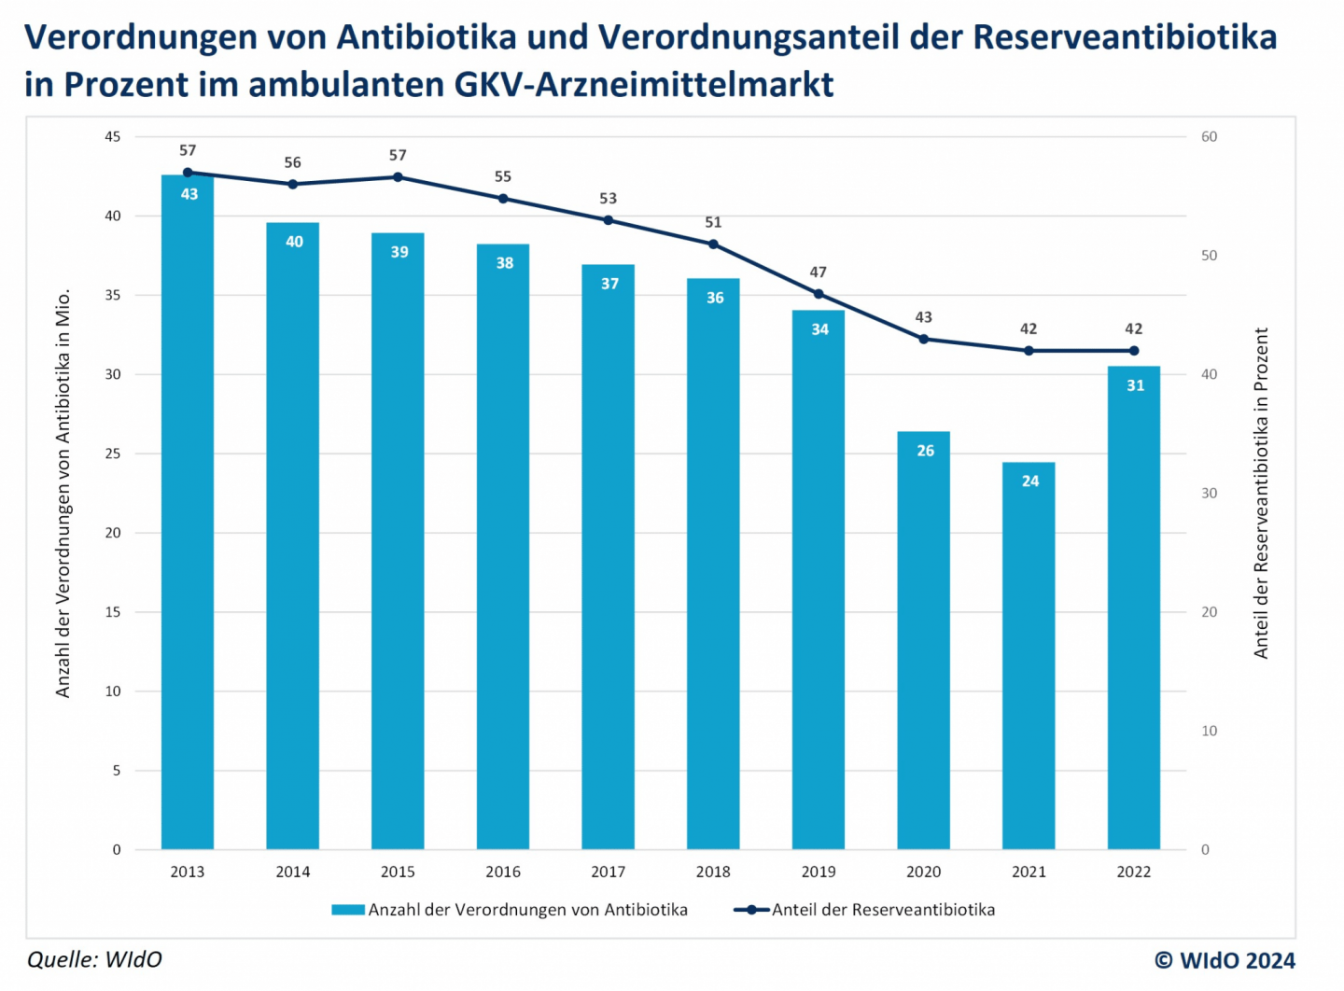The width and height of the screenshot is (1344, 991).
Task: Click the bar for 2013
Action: [188, 513]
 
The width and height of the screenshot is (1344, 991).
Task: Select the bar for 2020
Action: [923, 644]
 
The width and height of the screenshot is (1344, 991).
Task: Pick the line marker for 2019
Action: [819, 294]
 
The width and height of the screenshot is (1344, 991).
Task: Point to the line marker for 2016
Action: [503, 199]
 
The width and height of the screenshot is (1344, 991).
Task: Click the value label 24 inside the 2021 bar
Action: [1029, 482]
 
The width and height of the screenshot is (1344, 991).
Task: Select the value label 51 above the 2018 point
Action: [713, 222]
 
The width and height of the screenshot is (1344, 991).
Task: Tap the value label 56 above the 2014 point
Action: [292, 162]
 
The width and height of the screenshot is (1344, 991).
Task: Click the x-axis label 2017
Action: [608, 872]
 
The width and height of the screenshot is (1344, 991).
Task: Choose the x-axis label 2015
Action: [398, 872]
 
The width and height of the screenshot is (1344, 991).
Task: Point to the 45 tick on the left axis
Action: [113, 137]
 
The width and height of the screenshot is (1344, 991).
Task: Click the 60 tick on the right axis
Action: [1209, 137]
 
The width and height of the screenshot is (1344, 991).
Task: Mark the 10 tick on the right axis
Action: [1209, 731]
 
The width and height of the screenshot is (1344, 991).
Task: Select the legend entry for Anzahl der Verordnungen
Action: [511, 910]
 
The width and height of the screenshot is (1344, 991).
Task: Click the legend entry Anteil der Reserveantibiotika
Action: [865, 910]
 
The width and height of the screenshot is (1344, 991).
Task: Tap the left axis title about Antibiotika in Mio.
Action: [63, 493]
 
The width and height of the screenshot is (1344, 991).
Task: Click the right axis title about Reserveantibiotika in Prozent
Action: [1261, 493]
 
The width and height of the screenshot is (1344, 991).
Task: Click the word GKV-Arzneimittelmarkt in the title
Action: [644, 84]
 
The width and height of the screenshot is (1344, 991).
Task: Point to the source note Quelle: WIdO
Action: [94, 959]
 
